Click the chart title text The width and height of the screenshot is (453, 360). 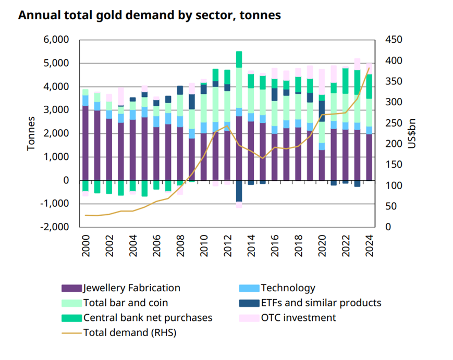150,16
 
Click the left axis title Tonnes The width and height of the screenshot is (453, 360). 31,133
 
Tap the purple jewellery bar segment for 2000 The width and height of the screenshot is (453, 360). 85,143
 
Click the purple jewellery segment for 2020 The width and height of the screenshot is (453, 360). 323,165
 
